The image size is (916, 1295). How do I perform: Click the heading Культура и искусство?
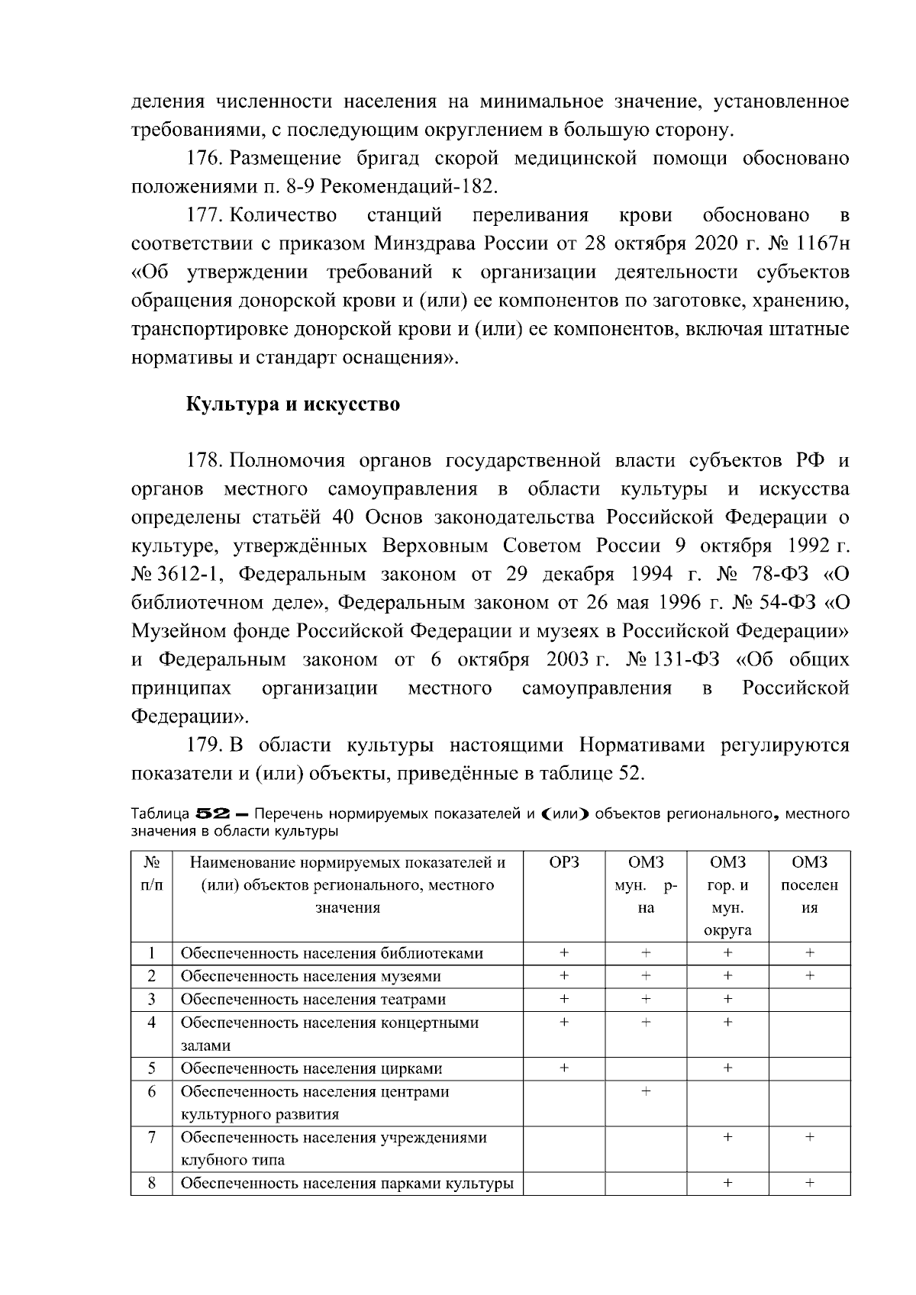coord(293,404)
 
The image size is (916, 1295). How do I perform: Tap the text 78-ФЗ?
coord(772,575)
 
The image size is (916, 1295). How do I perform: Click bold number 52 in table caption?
coord(211,814)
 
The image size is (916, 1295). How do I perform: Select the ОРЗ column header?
coord(563,863)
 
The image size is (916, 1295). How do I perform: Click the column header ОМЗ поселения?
coord(809,885)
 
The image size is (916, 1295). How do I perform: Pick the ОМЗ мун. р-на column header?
coord(646,885)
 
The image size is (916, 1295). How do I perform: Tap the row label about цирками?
coord(311,1068)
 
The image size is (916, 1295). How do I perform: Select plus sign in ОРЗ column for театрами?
coord(564,999)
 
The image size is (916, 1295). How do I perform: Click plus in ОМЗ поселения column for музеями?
coord(809,976)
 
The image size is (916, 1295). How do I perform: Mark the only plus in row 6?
coord(646,1092)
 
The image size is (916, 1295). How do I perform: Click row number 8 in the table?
coord(152,1184)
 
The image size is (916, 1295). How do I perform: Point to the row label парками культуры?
coord(347,1184)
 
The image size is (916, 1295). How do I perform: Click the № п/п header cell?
coord(152,874)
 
